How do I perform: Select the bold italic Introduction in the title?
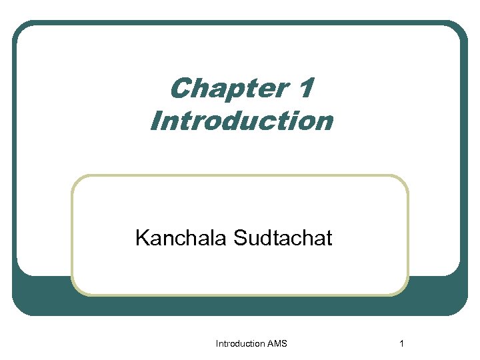tap(241, 121)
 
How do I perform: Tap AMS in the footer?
tap(277, 343)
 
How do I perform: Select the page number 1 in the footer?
tap(401, 343)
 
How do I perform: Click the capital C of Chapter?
tap(181, 89)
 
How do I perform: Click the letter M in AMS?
tap(277, 343)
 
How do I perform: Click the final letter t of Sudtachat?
tap(328, 238)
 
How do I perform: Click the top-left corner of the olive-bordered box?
tap(74, 177)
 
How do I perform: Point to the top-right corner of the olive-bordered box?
tap(406, 177)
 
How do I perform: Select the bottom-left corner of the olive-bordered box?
tap(74, 293)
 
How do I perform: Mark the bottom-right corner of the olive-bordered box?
tap(406, 293)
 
